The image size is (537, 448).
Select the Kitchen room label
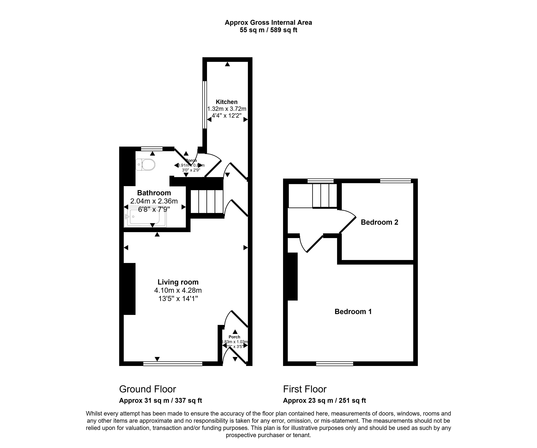coord(227,102)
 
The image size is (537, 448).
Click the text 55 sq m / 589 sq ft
coord(268,30)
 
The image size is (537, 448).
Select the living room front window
coord(173,364)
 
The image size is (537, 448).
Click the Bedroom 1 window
coord(334,364)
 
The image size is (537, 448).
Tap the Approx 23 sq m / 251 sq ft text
coord(324,400)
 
